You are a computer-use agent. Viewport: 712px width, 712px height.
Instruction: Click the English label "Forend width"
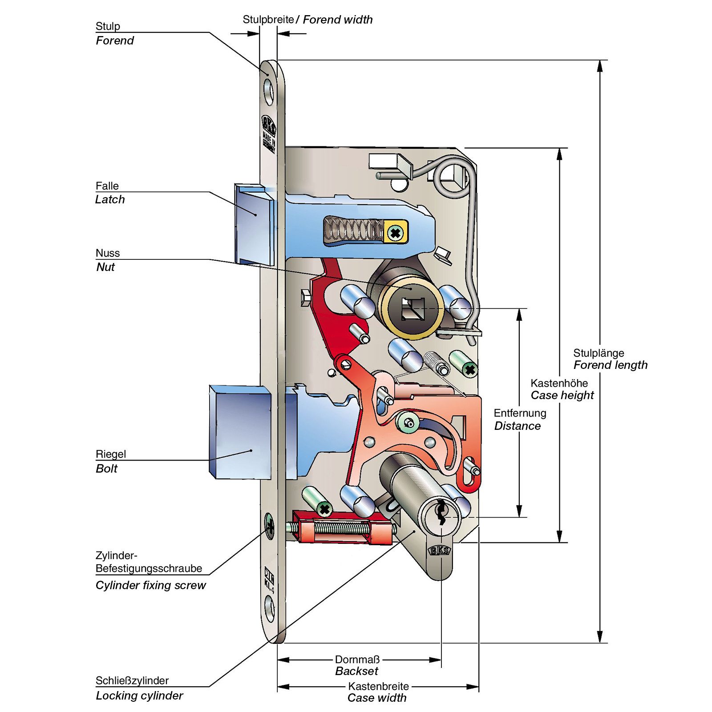point(337,20)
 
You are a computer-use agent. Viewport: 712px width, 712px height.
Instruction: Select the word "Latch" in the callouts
point(110,199)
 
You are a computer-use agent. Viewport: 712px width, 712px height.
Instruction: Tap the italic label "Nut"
point(105,267)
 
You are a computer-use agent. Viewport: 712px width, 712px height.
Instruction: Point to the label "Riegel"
point(111,454)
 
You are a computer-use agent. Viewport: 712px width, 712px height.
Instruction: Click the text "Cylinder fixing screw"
point(150,585)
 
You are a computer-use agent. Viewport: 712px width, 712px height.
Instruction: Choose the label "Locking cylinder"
point(139,696)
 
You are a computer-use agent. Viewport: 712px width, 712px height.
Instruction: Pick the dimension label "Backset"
point(356,671)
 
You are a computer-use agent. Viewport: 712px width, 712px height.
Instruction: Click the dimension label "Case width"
point(377,698)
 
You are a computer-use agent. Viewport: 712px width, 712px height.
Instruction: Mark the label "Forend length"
point(610,365)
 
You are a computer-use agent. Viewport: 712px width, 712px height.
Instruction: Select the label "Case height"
point(562,395)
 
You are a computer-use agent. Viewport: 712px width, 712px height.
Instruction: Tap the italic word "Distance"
point(517,426)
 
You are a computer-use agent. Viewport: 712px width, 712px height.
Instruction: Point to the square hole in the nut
point(410,309)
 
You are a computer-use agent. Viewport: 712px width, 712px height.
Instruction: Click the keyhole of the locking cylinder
point(441,512)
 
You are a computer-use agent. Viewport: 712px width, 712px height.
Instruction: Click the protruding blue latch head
point(253,225)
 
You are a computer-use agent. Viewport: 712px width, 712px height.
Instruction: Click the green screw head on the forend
point(269,526)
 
